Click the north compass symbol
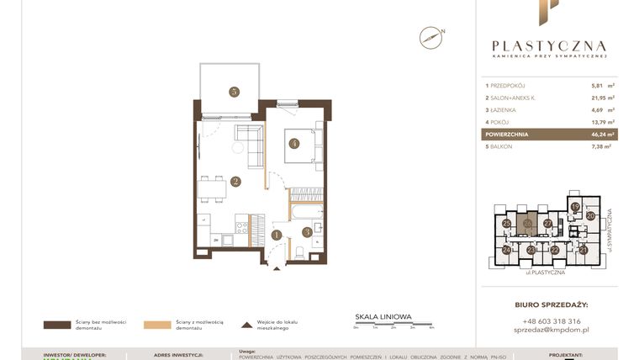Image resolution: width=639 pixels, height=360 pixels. pyautogui.click(x=430, y=37)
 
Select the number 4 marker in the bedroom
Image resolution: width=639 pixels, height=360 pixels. pyautogui.click(x=293, y=143)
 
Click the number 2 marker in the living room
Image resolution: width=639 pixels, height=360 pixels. pyautogui.click(x=236, y=181)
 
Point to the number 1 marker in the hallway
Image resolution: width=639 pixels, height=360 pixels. pyautogui.click(x=277, y=235)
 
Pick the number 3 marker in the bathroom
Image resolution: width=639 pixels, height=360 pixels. pyautogui.click(x=307, y=231)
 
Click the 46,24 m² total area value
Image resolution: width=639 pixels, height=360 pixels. pyautogui.click(x=599, y=134)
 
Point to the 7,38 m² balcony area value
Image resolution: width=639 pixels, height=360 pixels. pyautogui.click(x=599, y=146)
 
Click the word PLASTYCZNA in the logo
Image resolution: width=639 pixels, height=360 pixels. pyautogui.click(x=548, y=45)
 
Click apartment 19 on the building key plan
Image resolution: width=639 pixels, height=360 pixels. pyautogui.click(x=575, y=206)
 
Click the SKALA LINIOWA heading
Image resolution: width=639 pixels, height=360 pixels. pyautogui.click(x=383, y=317)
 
